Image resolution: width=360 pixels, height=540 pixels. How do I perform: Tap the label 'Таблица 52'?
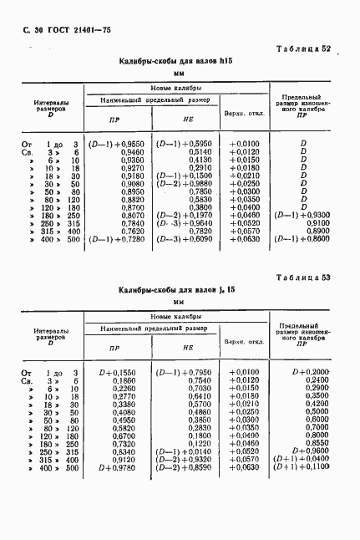303,49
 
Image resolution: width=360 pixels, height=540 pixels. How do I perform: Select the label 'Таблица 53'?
303,277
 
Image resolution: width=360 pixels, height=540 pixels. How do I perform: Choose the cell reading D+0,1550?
118,370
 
